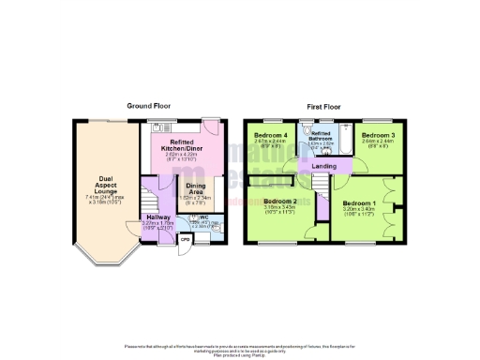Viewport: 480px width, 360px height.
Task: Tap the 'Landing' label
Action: pos(324,167)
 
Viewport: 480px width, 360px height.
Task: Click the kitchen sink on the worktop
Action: pos(157,128)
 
